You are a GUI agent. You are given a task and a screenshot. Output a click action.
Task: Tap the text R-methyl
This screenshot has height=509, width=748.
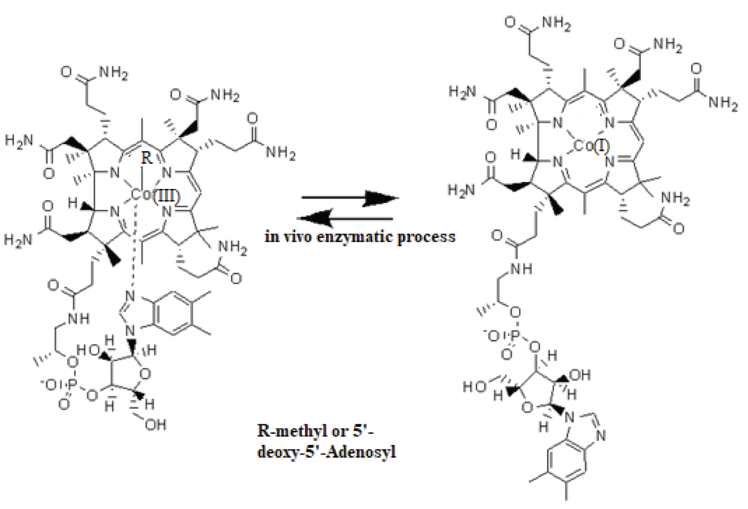point(286,430)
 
